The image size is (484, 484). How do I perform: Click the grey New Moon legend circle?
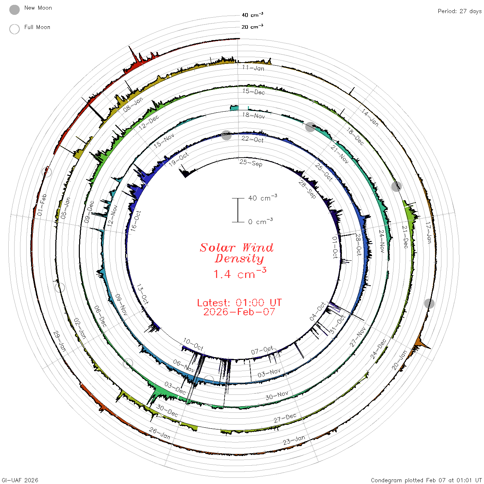pos(14,10)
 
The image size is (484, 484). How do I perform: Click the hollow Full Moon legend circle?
pos(14,29)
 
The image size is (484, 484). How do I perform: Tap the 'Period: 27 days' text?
pos(460,11)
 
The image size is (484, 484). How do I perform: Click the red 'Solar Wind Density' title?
pos(236,253)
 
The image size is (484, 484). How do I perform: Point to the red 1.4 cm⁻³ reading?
pos(240,273)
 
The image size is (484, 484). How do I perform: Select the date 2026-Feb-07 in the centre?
pos(239,312)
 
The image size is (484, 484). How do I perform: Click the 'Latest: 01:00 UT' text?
pos(239,302)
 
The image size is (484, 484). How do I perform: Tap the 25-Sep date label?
pos(251,163)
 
